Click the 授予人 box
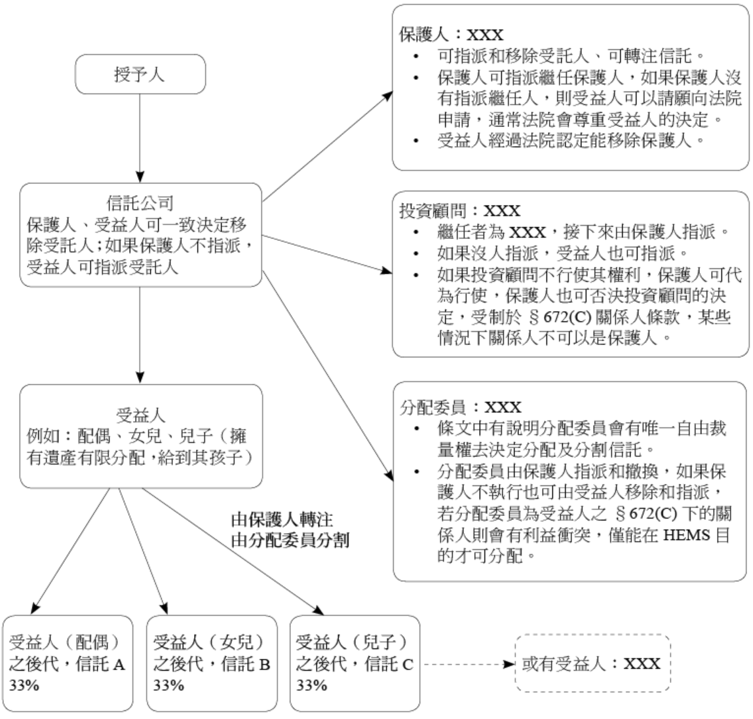click(140, 74)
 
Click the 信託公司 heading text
click(140, 204)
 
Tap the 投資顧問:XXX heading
click(459, 211)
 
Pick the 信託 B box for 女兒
click(211, 663)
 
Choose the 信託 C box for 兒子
click(355, 663)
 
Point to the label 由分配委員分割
click(290, 541)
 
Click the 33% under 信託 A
click(22, 686)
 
